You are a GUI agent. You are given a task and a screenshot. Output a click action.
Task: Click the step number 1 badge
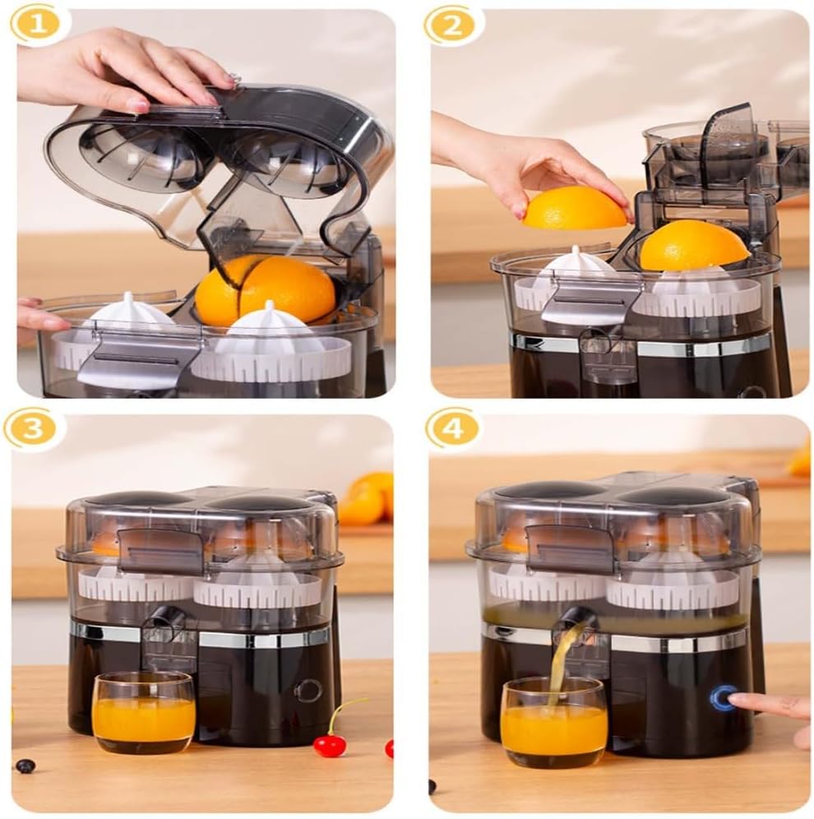(x=37, y=25)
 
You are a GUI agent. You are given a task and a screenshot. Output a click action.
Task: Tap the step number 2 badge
(x=451, y=25)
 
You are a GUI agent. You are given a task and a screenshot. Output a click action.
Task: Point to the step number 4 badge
(x=451, y=429)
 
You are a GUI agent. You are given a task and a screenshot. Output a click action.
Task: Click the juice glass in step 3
(x=144, y=711)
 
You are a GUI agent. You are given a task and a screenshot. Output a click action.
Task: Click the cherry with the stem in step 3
(x=329, y=744)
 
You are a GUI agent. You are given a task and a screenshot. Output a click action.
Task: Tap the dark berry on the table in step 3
(x=25, y=766)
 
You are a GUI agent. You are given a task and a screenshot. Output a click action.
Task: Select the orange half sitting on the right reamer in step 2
(x=694, y=246)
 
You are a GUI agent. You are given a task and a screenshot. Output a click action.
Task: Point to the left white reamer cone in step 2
(x=576, y=265)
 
